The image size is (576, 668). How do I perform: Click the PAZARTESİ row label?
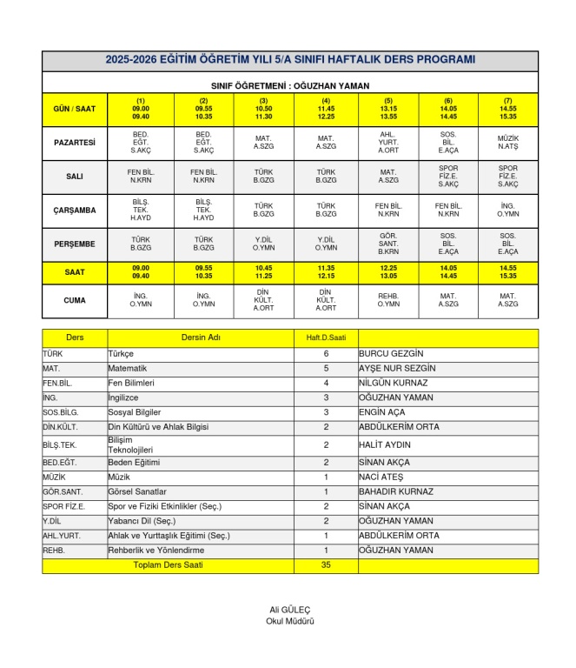tap(75, 143)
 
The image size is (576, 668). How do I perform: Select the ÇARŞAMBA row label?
tap(75, 210)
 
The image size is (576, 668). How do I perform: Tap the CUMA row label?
tap(75, 301)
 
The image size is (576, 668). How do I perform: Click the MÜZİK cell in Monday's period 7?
tap(507, 143)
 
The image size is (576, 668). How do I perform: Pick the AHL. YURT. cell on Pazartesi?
tap(388, 143)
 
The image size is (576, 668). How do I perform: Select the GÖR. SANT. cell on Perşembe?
tap(388, 243)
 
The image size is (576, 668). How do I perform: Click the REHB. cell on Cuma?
tap(388, 301)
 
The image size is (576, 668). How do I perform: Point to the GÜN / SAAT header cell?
tap(75, 109)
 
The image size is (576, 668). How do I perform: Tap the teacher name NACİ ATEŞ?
tap(382, 478)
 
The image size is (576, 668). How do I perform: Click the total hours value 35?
tap(326, 564)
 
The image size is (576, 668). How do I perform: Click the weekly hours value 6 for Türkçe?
tap(326, 354)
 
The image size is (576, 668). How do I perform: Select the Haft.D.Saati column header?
tap(326, 337)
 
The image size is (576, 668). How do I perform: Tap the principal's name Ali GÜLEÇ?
tap(289, 610)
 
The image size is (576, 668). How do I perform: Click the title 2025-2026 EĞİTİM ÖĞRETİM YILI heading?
tap(290, 60)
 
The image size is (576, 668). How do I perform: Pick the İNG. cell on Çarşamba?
tap(507, 210)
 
